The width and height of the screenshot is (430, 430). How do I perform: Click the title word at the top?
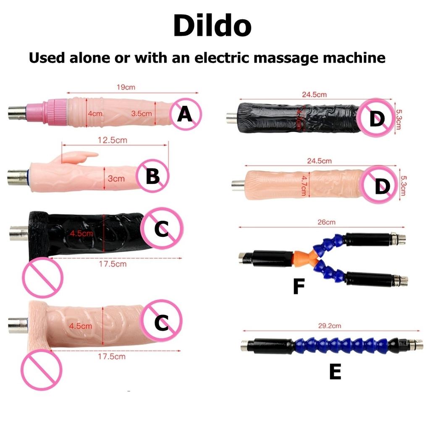point(212,26)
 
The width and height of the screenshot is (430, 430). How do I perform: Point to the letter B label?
point(152,177)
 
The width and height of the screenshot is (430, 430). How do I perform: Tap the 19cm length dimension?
point(126,87)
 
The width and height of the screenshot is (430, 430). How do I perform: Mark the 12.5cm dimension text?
point(113,140)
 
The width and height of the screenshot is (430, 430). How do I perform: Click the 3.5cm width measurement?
point(141,113)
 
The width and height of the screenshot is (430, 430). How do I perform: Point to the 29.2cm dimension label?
point(326,326)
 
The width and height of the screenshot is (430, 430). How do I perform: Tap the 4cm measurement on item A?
point(95,113)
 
